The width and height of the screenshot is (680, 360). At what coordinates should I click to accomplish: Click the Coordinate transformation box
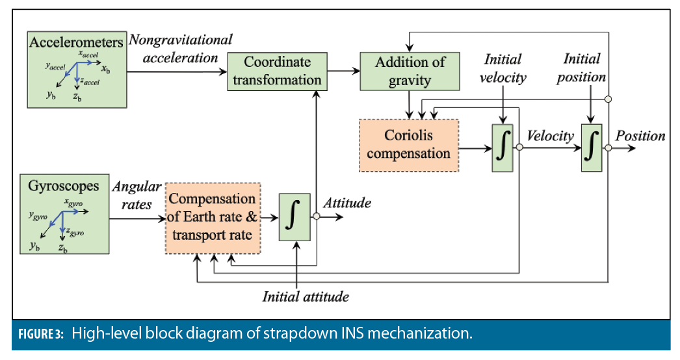[x=276, y=71]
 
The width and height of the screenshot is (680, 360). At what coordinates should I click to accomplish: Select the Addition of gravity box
[x=410, y=71]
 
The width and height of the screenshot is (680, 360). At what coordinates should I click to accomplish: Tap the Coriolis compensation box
[x=408, y=145]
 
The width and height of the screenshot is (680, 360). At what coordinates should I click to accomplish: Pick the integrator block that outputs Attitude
[x=296, y=217]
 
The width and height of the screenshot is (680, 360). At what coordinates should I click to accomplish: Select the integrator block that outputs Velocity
[x=503, y=148]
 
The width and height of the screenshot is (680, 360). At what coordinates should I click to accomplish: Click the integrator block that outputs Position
[x=591, y=148]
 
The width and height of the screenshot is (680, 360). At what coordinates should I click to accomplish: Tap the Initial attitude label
[x=306, y=297]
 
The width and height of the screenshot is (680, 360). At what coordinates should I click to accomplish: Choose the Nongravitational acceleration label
[x=180, y=49]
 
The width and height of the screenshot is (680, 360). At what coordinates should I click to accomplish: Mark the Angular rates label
[x=137, y=194]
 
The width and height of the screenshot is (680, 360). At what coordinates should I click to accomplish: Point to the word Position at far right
[x=640, y=136]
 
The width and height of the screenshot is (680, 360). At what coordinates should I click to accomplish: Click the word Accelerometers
[x=76, y=42]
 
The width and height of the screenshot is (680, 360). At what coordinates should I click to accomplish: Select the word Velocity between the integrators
[x=550, y=136]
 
